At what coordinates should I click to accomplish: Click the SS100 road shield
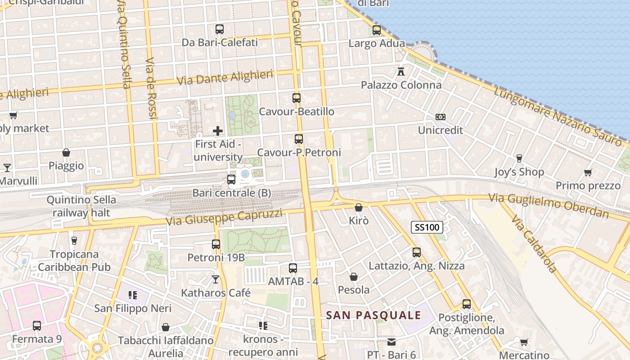click(x=427, y=227)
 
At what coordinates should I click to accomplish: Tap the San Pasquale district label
click(x=373, y=315)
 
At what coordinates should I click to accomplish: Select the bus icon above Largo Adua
click(x=377, y=30)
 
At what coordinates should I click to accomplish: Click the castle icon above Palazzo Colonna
click(x=401, y=71)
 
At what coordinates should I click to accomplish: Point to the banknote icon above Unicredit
click(x=441, y=117)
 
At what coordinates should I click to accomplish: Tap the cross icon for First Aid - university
click(x=218, y=131)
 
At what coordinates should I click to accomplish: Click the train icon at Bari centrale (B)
click(x=231, y=180)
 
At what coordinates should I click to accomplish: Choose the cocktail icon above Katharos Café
click(x=216, y=279)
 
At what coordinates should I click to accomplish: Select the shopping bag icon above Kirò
click(x=359, y=207)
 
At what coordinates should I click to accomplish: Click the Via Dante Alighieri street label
click(x=225, y=77)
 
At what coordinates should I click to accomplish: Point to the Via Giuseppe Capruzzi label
click(x=224, y=217)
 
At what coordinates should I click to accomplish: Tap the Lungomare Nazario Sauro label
click(x=558, y=116)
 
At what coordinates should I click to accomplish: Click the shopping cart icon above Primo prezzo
click(x=588, y=172)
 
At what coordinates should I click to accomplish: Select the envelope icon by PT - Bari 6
click(x=391, y=342)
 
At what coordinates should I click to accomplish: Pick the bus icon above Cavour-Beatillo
click(x=297, y=98)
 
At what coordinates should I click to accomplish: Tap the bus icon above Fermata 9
click(x=37, y=325)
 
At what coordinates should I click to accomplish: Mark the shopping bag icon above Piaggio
click(x=66, y=153)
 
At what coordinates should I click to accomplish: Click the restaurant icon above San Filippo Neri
click(x=132, y=295)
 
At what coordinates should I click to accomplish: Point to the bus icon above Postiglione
click(x=467, y=304)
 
